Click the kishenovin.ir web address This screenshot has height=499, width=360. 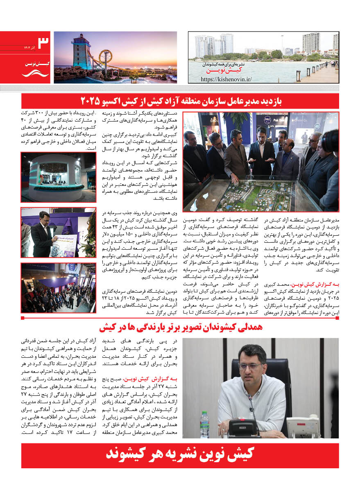tap(226, 79)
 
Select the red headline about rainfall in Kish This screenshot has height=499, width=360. tap(180, 327)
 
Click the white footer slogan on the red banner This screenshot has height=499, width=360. tap(180, 455)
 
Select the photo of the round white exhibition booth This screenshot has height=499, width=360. tap(58, 177)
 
